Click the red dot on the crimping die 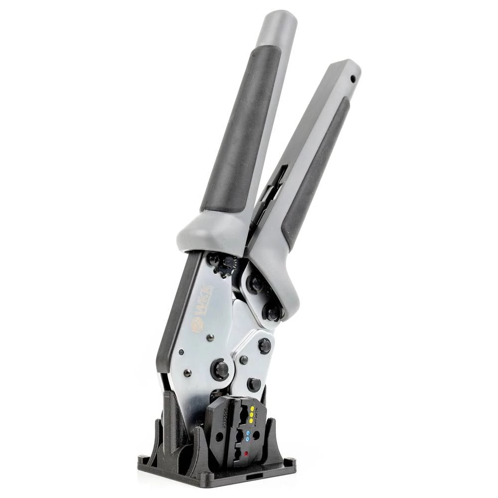pos(246,453)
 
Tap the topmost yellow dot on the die pos(252,408)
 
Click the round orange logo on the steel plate pos(196,326)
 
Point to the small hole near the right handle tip pos(353,79)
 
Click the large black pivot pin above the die pos(221,370)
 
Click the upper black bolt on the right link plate pos(256,283)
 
